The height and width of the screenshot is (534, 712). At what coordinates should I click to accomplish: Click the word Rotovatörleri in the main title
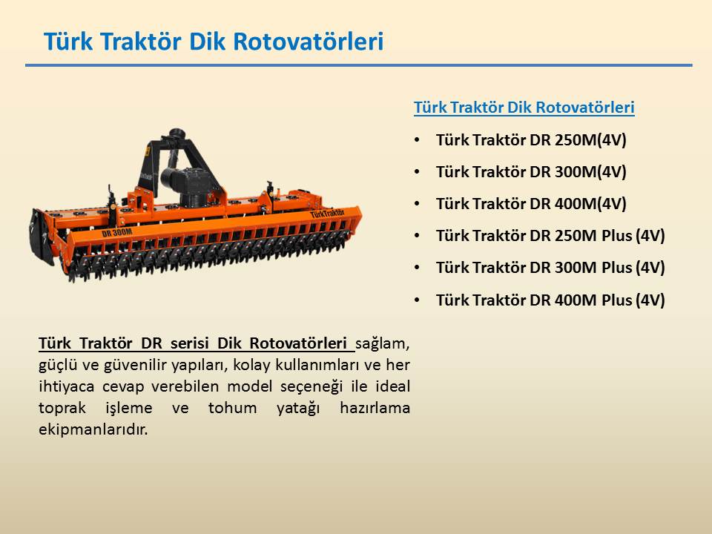pyautogui.click(x=309, y=42)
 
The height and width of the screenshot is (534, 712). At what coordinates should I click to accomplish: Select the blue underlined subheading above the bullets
pyautogui.click(x=524, y=108)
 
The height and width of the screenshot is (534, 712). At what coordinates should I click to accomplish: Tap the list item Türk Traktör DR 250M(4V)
pyautogui.click(x=531, y=140)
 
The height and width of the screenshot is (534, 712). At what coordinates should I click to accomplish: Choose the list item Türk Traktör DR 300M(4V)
pyautogui.click(x=531, y=171)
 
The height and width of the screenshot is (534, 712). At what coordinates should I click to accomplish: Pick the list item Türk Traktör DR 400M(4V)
pyautogui.click(x=531, y=203)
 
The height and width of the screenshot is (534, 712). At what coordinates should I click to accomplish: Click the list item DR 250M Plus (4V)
pyautogui.click(x=550, y=236)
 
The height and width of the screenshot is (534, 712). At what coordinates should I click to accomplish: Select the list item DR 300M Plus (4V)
pyautogui.click(x=550, y=268)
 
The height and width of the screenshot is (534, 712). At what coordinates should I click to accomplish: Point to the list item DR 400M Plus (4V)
pyautogui.click(x=550, y=300)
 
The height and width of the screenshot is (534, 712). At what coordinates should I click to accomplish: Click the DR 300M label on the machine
pyautogui.click(x=117, y=232)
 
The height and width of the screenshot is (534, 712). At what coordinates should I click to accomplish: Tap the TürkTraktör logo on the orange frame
pyautogui.click(x=327, y=213)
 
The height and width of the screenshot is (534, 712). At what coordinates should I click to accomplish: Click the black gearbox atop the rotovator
pyautogui.click(x=185, y=182)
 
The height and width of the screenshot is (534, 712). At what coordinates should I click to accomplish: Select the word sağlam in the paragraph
pyautogui.click(x=383, y=343)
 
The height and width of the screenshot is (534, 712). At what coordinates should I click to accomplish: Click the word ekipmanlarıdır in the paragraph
pyautogui.click(x=93, y=429)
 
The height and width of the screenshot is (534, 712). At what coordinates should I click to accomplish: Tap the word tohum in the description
pyautogui.click(x=232, y=408)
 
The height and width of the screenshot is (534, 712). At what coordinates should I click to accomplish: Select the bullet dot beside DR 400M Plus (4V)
pyautogui.click(x=418, y=300)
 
